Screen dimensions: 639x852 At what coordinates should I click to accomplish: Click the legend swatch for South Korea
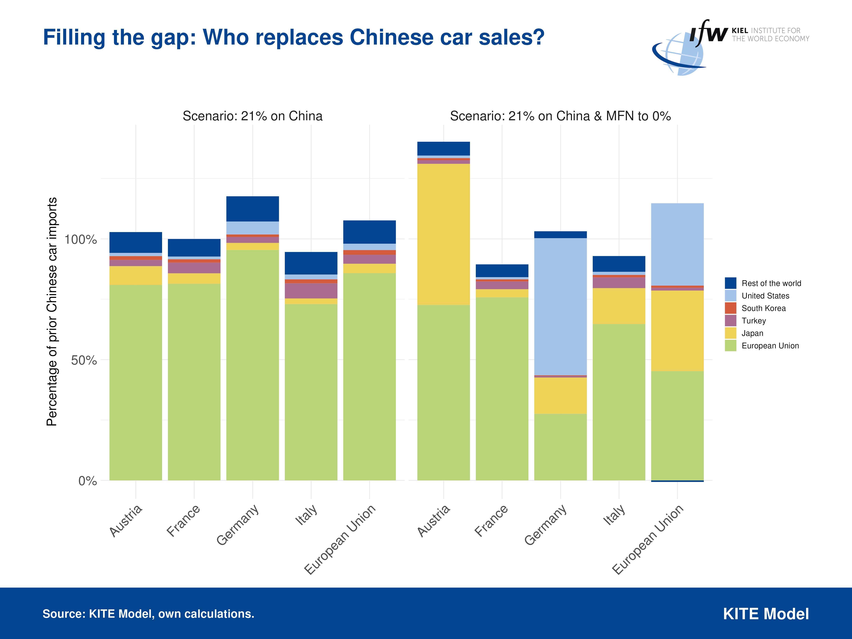tap(730, 308)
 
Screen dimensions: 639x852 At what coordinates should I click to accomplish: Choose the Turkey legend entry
tap(753, 321)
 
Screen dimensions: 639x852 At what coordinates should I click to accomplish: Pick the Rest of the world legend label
tap(771, 284)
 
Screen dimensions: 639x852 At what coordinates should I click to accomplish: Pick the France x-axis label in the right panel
tap(491, 521)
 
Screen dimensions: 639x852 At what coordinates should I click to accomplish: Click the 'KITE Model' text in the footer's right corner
tap(766, 614)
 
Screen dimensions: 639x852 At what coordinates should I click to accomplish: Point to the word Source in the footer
tap(64, 614)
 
